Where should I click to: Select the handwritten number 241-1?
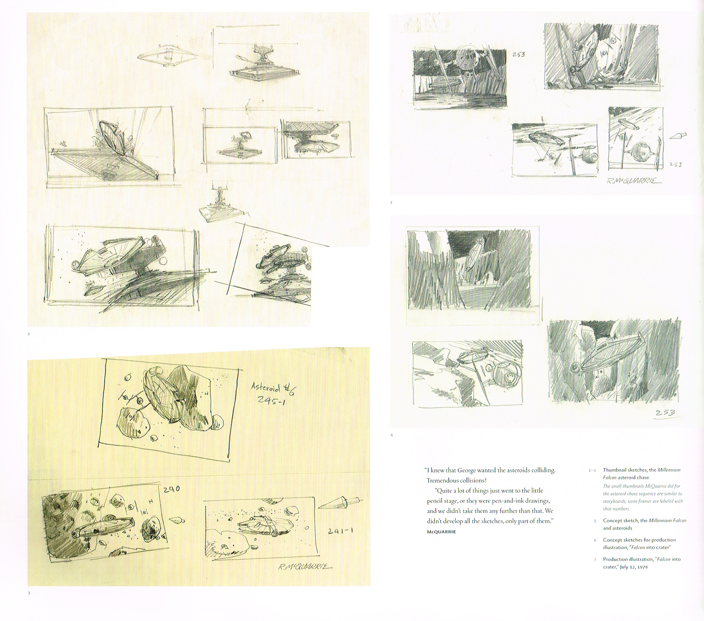pyautogui.click(x=340, y=531)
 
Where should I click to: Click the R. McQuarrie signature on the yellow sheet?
pyautogui.click(x=305, y=567)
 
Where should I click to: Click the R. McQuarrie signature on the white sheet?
pyautogui.click(x=634, y=181)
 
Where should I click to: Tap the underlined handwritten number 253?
pyautogui.click(x=664, y=413)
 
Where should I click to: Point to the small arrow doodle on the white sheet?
pyautogui.click(x=678, y=136)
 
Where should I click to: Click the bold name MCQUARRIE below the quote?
pyautogui.click(x=441, y=532)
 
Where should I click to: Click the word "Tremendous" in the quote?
pyautogui.click(x=443, y=480)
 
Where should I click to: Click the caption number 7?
pyautogui.click(x=595, y=560)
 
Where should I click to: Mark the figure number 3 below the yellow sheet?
pyautogui.click(x=29, y=593)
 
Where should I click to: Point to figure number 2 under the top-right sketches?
pyautogui.click(x=391, y=202)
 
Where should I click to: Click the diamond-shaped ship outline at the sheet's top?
pyautogui.click(x=168, y=56)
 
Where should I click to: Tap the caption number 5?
pyautogui.click(x=595, y=521)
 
